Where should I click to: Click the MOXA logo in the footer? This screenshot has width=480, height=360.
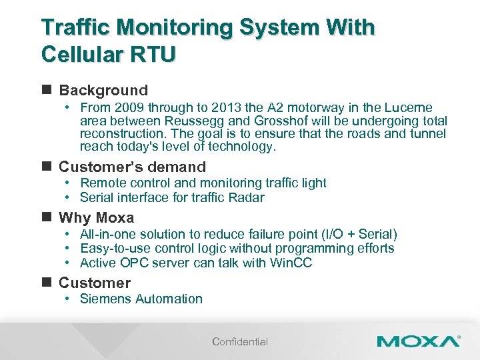pos(418,341)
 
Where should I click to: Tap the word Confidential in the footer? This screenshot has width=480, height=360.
pos(240,342)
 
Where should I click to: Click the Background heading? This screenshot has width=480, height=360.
pos(103,90)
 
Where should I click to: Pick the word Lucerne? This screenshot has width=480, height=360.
pos(409,108)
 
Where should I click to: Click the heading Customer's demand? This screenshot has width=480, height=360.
pos(132,167)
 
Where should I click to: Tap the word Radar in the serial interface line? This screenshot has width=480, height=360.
pos(247,197)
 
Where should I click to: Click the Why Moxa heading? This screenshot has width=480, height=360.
pos(96,217)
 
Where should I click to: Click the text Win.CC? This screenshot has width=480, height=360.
pos(291,263)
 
